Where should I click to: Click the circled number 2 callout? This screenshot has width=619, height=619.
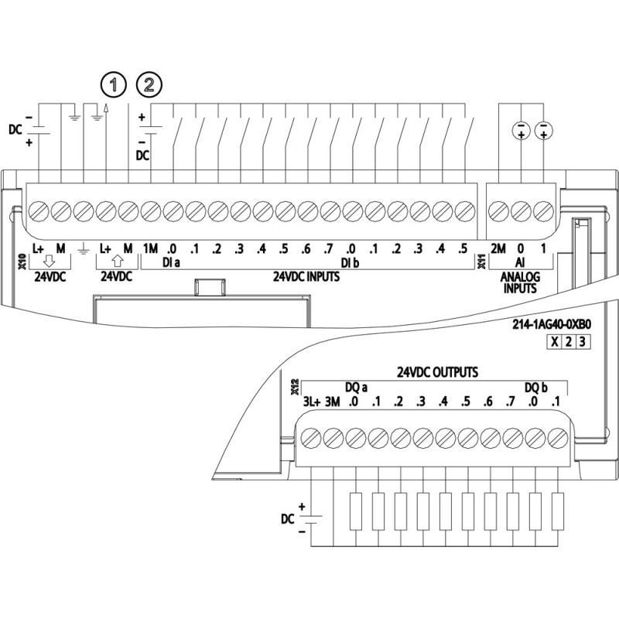click(149, 84)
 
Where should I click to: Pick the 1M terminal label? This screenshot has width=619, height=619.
click(150, 248)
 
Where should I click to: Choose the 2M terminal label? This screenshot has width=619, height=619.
click(499, 248)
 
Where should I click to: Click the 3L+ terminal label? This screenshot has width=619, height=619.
click(311, 402)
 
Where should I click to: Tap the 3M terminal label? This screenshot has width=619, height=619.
click(333, 402)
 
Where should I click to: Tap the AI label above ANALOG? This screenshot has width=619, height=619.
click(522, 263)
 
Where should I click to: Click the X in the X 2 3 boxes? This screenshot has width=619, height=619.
click(554, 343)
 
